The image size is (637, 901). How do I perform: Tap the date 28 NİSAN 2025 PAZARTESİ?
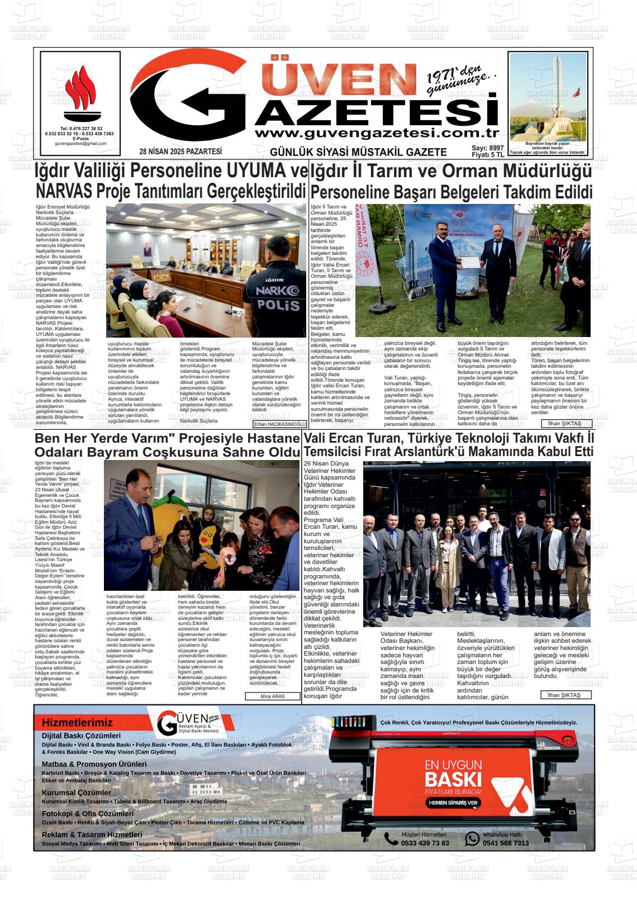[180, 151]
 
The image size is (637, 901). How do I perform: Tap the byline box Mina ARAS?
[273, 696]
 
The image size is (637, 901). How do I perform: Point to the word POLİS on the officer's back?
[278, 305]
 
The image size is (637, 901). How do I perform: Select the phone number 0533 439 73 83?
[425, 843]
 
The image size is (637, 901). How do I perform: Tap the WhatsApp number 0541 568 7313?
[505, 843]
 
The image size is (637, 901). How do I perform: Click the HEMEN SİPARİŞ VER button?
[453, 802]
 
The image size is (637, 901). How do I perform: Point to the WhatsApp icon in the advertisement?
[472, 838]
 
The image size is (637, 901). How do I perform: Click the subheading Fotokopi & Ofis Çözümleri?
[88, 814]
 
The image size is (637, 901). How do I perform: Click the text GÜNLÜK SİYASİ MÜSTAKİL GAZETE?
[358, 152]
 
